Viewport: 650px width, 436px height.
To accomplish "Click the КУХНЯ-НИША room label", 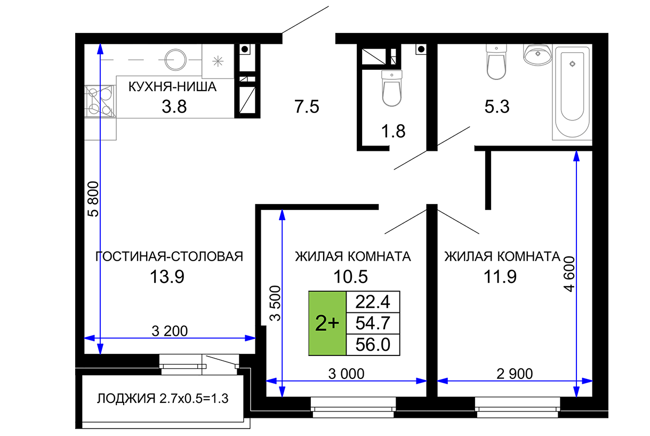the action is coord(172,87).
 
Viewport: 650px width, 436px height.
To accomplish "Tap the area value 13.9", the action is coord(167,277).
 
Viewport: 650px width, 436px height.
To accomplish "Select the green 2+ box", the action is coord(327,323).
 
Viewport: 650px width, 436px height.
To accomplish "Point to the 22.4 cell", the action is coord(373,302).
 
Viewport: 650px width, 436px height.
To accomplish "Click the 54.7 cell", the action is coord(373,323).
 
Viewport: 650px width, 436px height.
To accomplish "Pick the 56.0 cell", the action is coord(373,345).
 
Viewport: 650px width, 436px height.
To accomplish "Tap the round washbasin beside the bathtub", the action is coord(537,54).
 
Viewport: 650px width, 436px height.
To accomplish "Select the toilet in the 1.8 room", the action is coord(392,88).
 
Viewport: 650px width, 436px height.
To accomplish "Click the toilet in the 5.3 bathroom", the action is coord(496,61).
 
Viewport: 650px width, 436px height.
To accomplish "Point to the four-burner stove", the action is coord(100,101).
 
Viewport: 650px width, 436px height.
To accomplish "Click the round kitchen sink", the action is coord(175,60).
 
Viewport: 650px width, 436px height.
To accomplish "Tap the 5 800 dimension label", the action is coord(93,199).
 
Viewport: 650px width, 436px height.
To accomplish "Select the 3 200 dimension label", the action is coord(170,332).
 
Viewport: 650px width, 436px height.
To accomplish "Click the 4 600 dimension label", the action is coord(569,274).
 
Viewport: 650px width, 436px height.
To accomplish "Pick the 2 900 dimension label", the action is coord(515,374).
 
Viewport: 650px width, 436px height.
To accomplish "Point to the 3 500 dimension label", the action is coord(275,303).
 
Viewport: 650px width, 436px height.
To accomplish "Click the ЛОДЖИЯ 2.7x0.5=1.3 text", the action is coord(163,399).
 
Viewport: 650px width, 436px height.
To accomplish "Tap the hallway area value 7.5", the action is coord(307,107).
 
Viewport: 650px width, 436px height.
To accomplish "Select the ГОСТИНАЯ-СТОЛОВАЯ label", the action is coord(169,257).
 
